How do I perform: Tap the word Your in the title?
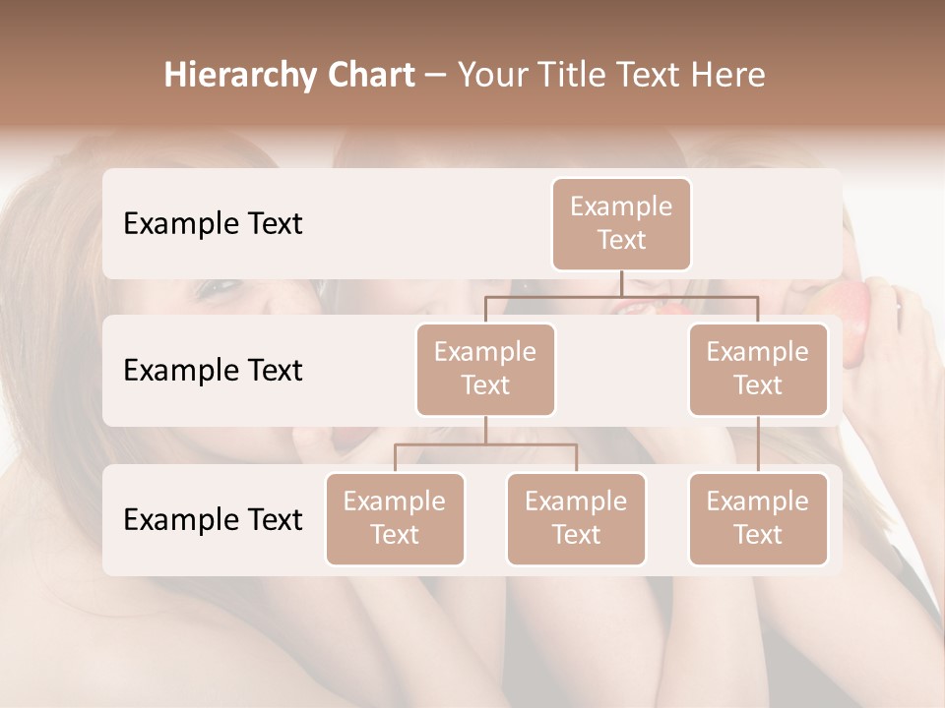(x=491, y=76)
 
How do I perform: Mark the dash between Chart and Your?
(x=435, y=77)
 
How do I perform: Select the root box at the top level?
(x=621, y=223)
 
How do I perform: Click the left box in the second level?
(x=485, y=369)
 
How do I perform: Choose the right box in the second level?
(x=758, y=369)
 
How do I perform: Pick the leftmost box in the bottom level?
(x=395, y=518)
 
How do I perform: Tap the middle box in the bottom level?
(x=576, y=518)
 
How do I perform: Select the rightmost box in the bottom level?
(x=758, y=518)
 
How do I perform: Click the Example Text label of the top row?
(x=213, y=224)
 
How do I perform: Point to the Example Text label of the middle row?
(x=213, y=371)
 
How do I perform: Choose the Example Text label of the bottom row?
(x=213, y=520)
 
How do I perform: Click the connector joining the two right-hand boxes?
(x=758, y=444)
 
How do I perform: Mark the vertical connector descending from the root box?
(x=621, y=283)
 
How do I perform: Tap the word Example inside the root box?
(x=621, y=206)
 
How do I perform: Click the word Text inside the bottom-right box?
(x=758, y=535)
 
